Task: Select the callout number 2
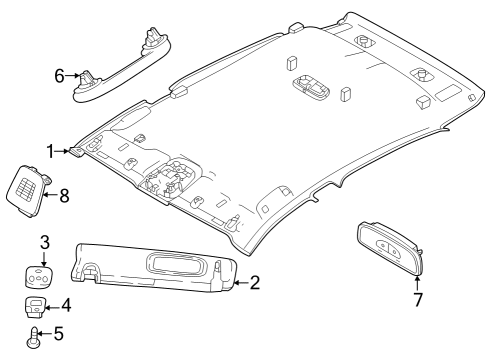point(254,283)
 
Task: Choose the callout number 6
point(59,74)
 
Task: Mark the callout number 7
point(417,299)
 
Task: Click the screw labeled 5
point(34,335)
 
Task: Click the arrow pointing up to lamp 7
point(417,282)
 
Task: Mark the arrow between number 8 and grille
point(49,195)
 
